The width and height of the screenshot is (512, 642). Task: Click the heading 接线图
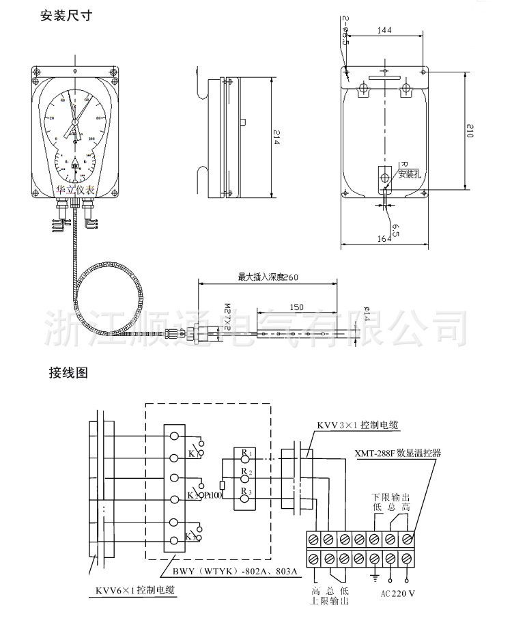(x=69, y=373)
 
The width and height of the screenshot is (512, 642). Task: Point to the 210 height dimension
(x=470, y=130)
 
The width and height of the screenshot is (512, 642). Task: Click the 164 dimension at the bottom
(x=384, y=238)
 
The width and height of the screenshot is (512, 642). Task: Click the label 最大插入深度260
(x=266, y=277)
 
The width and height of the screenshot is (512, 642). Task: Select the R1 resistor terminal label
(x=246, y=453)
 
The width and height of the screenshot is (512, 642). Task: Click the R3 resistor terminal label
(x=246, y=491)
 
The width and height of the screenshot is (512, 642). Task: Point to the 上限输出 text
(x=330, y=602)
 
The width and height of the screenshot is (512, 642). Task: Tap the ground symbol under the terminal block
(x=375, y=578)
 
